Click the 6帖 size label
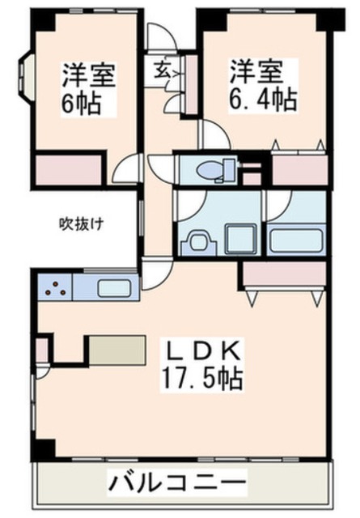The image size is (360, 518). (x=83, y=105)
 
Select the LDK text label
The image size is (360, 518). (x=202, y=354)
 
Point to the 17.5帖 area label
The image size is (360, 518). (x=203, y=378)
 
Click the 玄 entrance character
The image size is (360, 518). (x=161, y=70)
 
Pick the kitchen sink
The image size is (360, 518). (x=114, y=287)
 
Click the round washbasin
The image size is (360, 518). (x=197, y=241)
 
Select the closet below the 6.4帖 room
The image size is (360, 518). (x=299, y=169)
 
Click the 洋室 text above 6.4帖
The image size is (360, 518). (x=256, y=71)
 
